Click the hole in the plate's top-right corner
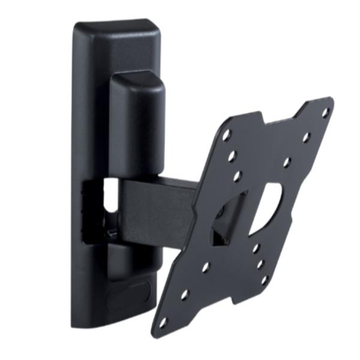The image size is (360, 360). tap(325, 112)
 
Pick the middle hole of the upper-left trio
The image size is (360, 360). tap(232, 156)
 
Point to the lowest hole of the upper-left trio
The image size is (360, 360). tap(238, 176)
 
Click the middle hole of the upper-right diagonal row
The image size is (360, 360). tap(306, 137)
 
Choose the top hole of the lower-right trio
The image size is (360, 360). tap(256, 247)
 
